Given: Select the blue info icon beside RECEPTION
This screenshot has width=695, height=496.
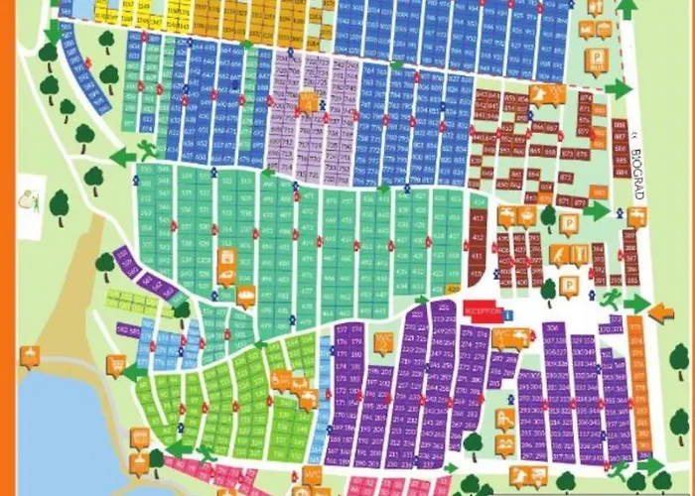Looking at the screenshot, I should [508, 314].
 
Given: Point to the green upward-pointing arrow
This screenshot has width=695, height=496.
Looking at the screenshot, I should [627, 9].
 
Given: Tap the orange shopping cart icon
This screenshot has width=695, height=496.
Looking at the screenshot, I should [117, 367].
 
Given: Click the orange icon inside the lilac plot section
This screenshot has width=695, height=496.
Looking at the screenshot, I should [308, 103].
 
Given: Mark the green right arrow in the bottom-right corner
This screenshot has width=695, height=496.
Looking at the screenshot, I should [650, 466].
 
